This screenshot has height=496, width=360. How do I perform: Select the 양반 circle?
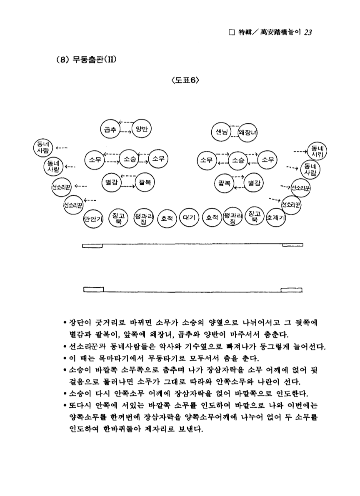coord(141,128)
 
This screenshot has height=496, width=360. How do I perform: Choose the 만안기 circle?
coord(92,218)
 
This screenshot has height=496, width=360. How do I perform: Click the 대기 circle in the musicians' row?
coord(187,217)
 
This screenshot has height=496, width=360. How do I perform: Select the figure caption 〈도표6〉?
coord(180,80)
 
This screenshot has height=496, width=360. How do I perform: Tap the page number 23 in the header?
coord(308,33)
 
